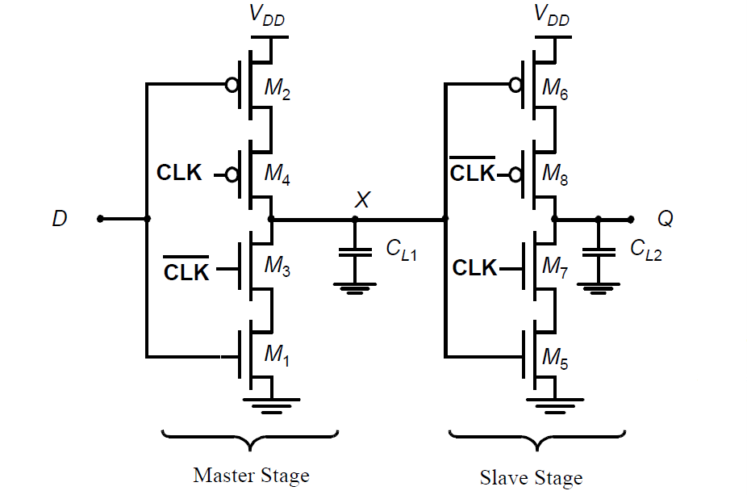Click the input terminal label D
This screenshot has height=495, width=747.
pos(60,218)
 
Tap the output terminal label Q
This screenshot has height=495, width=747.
pos(666,219)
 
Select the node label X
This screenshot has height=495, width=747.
pos(362,199)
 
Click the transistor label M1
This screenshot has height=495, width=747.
pos(277,354)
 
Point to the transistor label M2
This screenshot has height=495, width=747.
pos(278,89)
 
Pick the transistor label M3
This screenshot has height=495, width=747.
pos(278,266)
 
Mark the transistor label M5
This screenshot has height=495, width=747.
pos(555,359)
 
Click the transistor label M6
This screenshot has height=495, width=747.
pos(555,89)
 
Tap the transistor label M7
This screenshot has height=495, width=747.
pos(555,267)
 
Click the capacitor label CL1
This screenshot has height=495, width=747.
pos(401,250)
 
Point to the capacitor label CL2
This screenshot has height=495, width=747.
pos(646,250)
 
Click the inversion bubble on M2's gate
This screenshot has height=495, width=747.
pos(232,86)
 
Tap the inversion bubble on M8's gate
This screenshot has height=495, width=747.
pos(515,175)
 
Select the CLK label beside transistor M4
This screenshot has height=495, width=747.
pos(180,173)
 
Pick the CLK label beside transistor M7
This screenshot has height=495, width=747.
pos(474,267)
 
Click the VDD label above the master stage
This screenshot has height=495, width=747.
pos(267,15)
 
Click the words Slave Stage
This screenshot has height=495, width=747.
pos(531,477)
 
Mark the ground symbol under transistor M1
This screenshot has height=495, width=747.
pos(272,405)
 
